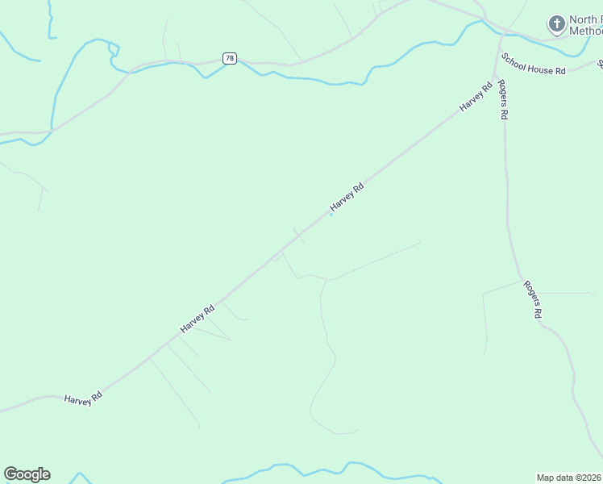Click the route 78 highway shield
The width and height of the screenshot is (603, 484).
tap(230, 59)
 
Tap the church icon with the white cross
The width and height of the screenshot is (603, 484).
tap(555, 23)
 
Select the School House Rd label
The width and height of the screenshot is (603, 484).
tap(533, 65)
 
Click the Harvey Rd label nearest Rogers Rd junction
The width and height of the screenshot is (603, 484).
tap(476, 96)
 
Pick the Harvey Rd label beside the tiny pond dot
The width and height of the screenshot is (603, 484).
tap(347, 198)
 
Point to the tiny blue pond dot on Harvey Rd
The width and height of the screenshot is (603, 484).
tap(331, 214)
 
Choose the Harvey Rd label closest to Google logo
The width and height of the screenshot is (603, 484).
tap(82, 398)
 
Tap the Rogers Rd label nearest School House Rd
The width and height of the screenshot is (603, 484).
tap(502, 99)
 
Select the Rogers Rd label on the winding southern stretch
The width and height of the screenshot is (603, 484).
tap(531, 299)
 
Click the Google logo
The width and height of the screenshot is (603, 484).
tap(27, 474)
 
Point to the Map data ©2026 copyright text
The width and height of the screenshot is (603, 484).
tap(568, 478)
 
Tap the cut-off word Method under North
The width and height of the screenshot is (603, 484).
tap(586, 31)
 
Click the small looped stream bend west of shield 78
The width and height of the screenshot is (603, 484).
tap(113, 50)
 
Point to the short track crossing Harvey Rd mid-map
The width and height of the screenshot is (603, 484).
tap(298, 235)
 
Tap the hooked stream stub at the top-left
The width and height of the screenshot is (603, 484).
tap(51, 24)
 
